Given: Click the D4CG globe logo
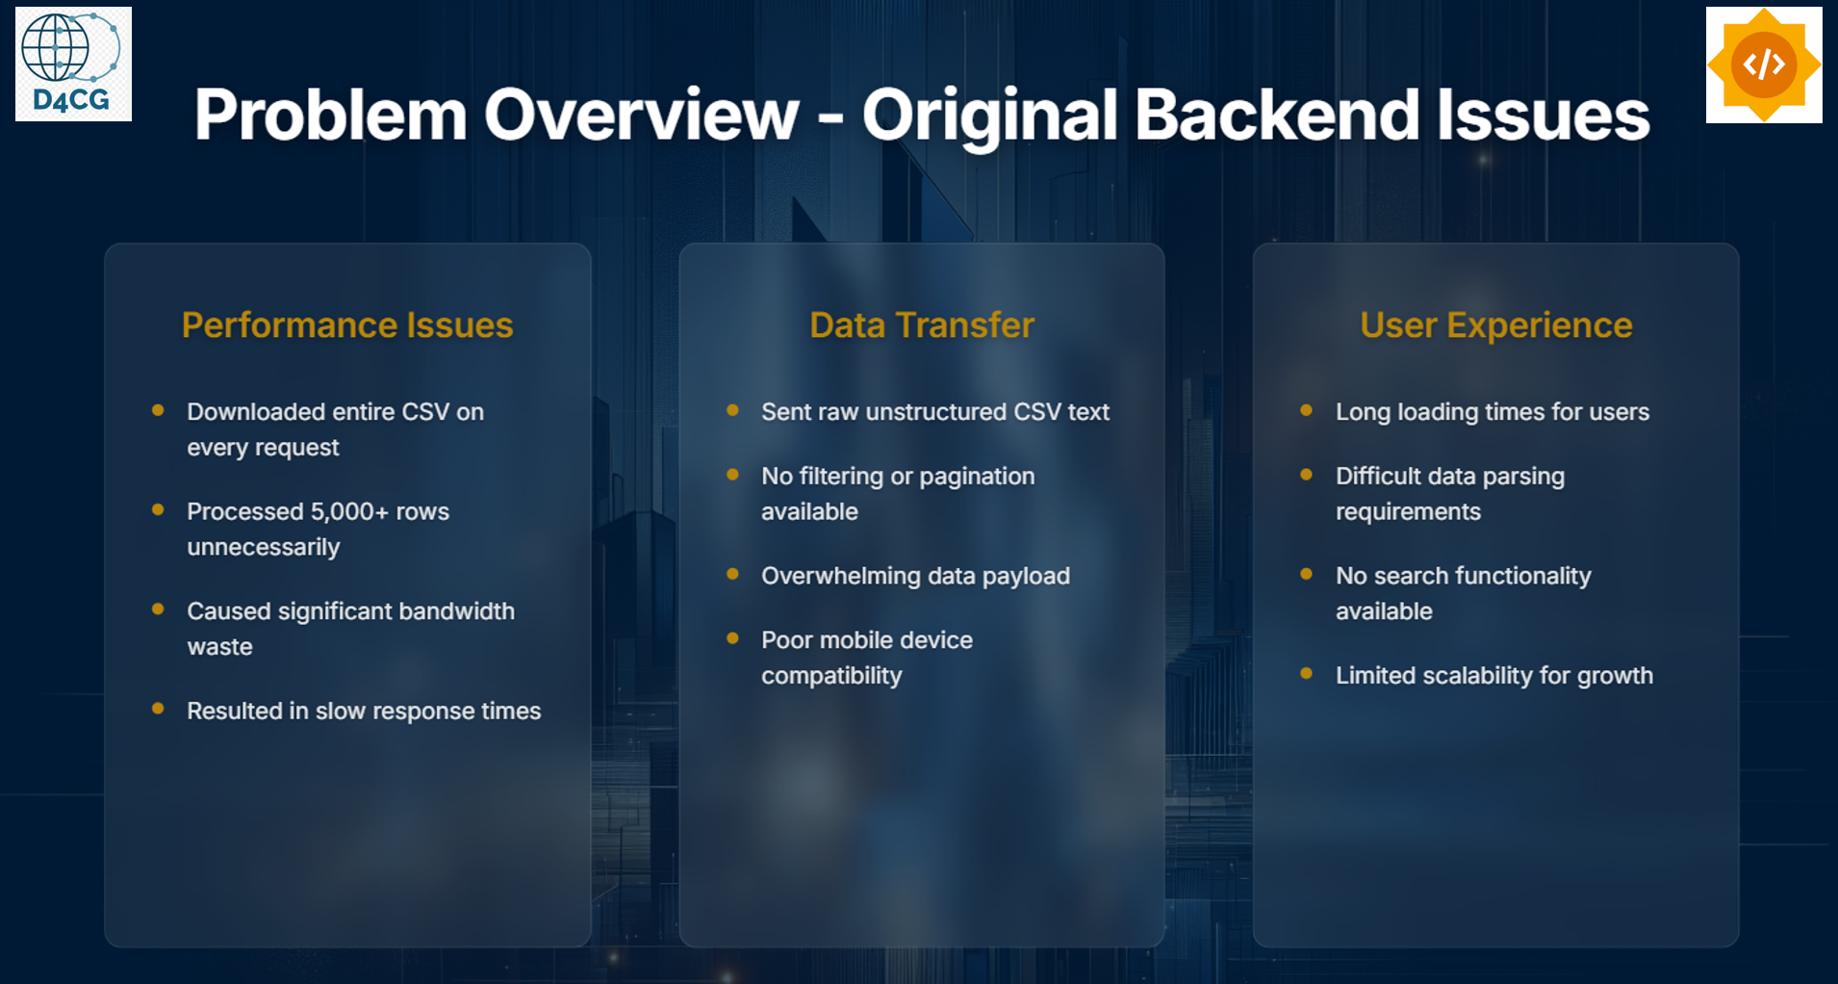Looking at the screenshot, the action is (73, 64).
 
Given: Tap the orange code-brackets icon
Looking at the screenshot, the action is (1764, 65).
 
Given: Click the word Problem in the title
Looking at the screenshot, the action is (331, 116).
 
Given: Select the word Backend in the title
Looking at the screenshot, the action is (1277, 115).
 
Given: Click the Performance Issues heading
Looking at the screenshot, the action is (347, 325).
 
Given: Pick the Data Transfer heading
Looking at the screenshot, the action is (922, 325).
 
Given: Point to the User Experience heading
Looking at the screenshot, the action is (1496, 325).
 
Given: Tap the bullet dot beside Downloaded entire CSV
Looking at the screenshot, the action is (158, 410).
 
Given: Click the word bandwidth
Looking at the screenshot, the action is (457, 611).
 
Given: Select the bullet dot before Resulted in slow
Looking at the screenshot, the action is (158, 709).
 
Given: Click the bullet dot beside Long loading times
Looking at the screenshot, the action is (1306, 410).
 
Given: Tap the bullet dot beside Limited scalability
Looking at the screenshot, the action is (1306, 673).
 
